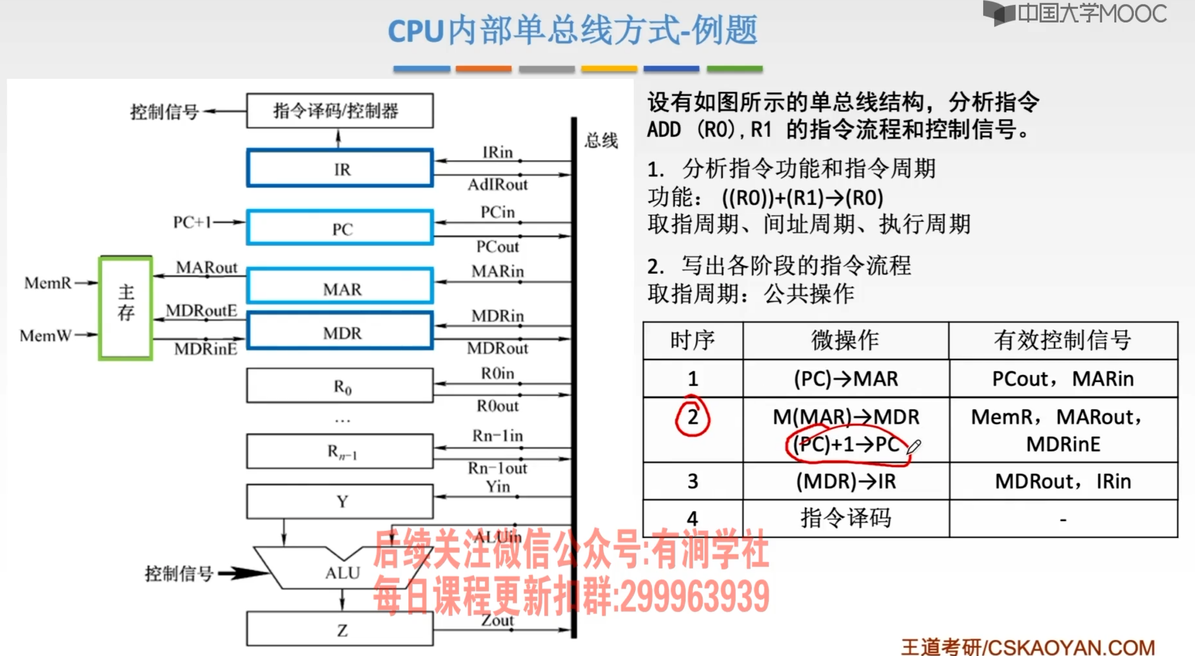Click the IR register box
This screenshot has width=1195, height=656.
pos(340,168)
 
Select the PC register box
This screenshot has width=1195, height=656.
pos(340,227)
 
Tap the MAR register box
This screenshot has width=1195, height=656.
pos(340,286)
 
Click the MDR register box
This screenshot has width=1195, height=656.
pos(340,331)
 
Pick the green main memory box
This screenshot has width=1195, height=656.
pos(125,308)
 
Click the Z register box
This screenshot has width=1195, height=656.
pos(340,629)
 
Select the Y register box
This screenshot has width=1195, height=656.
pos(340,501)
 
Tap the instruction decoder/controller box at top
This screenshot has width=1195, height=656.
pos(340,110)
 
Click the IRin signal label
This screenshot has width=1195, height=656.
pos(497,152)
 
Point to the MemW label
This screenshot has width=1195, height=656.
pos(46,335)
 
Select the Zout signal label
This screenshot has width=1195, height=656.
pos(497,620)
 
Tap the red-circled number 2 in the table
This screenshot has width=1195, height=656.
pos(692,416)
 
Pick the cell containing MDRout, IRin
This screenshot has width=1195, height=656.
pos(1063,481)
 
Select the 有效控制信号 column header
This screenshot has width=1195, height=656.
pos(1063,340)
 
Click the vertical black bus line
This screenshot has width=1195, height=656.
pos(574,371)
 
